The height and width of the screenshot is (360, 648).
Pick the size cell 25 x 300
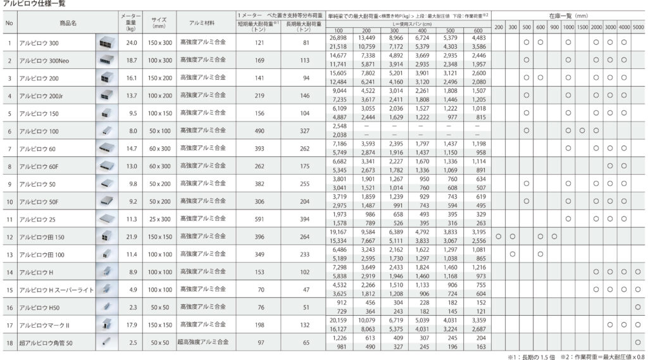[x=159, y=219]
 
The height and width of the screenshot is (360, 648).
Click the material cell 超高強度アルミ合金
[x=202, y=342]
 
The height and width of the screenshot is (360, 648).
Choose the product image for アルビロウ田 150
[x=106, y=237]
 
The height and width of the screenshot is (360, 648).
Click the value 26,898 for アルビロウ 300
[x=339, y=38]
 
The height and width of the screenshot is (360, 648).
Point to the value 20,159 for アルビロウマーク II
[x=339, y=321]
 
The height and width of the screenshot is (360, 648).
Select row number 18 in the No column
[x=9, y=343]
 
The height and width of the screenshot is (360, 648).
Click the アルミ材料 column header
[x=202, y=23]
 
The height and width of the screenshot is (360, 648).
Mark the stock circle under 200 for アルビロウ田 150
[x=499, y=237]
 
